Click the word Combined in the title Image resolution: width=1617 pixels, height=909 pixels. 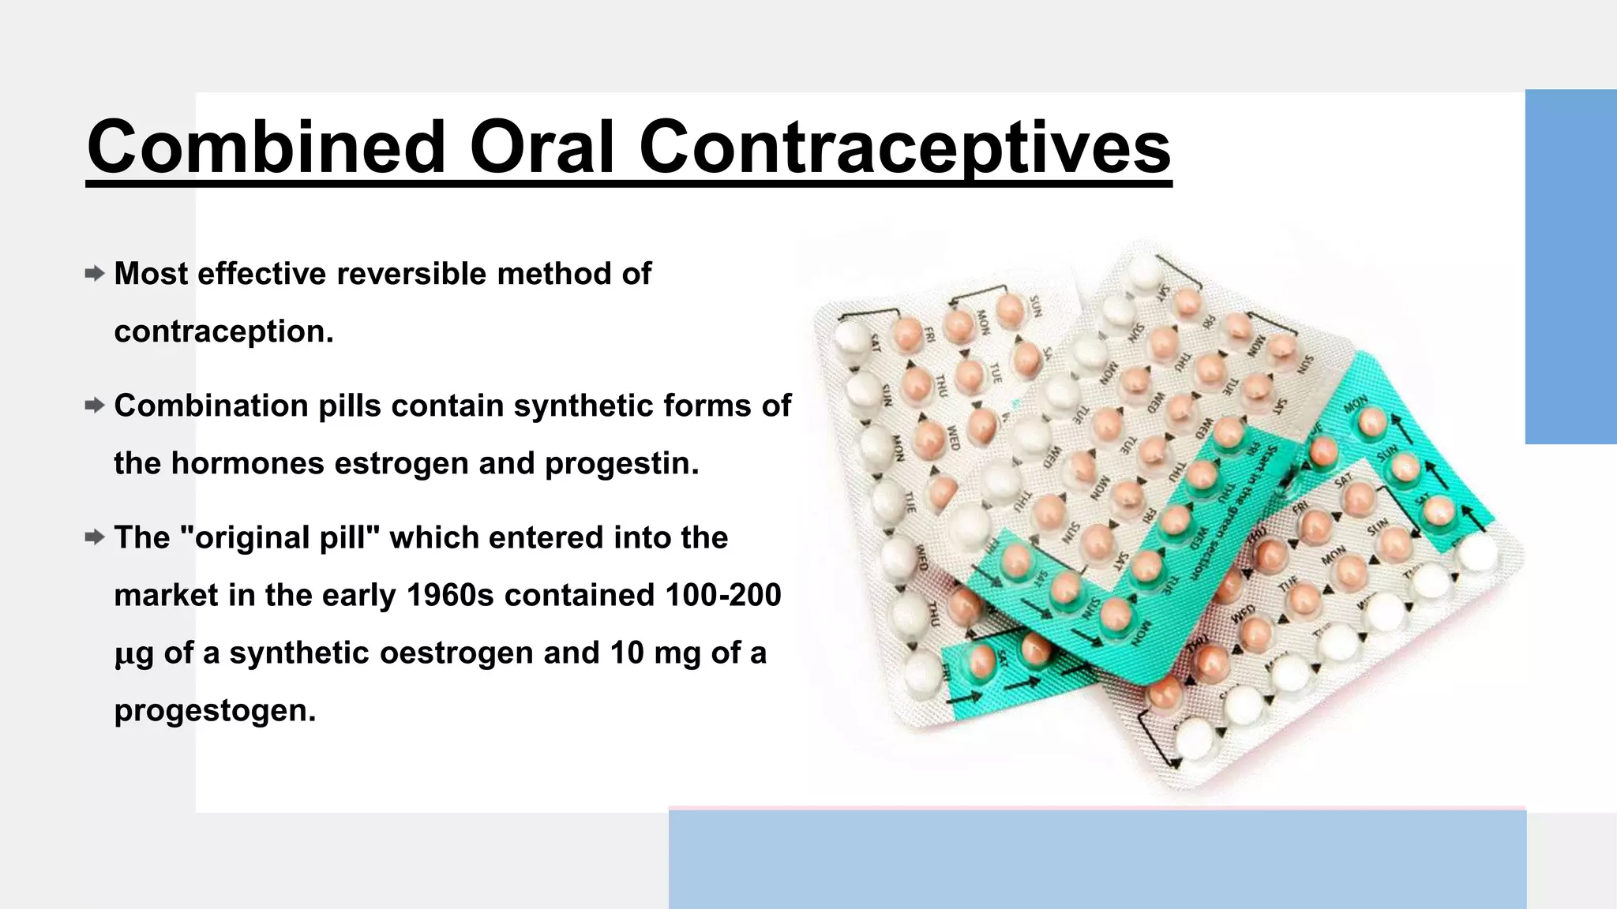267,147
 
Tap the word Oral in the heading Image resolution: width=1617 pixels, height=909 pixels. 542,147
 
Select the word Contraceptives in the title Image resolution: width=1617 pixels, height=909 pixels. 905,147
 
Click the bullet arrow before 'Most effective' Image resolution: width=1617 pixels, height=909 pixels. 95,274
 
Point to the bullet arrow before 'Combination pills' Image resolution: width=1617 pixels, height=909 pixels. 95,406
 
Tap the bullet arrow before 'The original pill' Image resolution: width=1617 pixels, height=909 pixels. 95,537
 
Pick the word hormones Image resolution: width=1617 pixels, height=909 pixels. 247,463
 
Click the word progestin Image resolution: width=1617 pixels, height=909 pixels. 621,463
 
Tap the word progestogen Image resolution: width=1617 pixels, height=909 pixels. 215,710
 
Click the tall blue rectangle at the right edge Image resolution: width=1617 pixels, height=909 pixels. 1570,267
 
